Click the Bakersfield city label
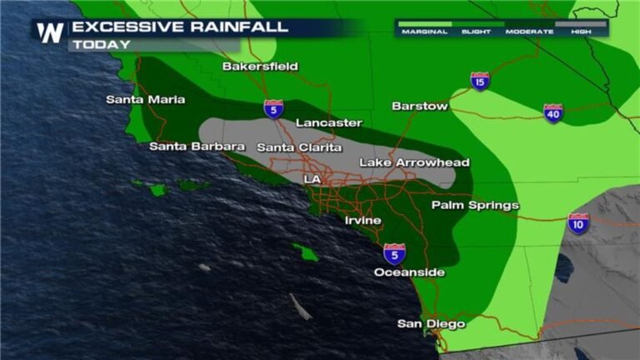(260, 67)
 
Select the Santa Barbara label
(197, 147)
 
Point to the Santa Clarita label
(299, 147)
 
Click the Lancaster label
(329, 123)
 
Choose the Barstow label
(420, 106)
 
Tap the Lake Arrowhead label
(414, 162)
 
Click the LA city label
(312, 179)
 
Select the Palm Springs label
(475, 205)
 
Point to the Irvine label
(363, 221)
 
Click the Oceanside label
(409, 272)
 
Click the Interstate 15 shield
(480, 81)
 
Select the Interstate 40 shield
(553, 112)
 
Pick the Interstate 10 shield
(578, 223)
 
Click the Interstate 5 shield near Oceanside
(395, 253)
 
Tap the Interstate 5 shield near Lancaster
(273, 108)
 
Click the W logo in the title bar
(50, 32)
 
